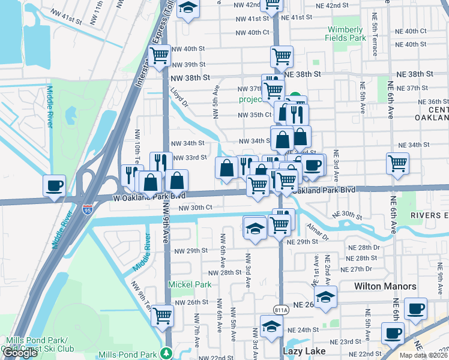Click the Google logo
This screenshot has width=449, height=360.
(20, 353)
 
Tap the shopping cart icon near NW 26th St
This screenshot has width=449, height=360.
(162, 315)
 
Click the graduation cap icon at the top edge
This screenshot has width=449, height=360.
(188, 8)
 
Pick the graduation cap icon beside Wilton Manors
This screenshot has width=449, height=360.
(325, 296)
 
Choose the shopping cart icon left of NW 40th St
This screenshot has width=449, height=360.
(159, 56)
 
